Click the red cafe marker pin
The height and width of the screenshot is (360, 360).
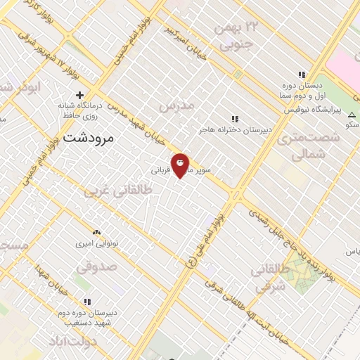coord(180,165)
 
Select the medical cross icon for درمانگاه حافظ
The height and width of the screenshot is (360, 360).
coord(79,95)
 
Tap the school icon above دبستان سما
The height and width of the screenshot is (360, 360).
coord(302,75)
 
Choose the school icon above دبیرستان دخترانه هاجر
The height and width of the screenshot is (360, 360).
coord(236,119)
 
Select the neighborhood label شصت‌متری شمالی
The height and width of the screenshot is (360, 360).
coord(307,145)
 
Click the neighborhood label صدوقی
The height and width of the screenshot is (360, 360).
coord(94,268)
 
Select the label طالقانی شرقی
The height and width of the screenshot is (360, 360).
coord(270,277)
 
